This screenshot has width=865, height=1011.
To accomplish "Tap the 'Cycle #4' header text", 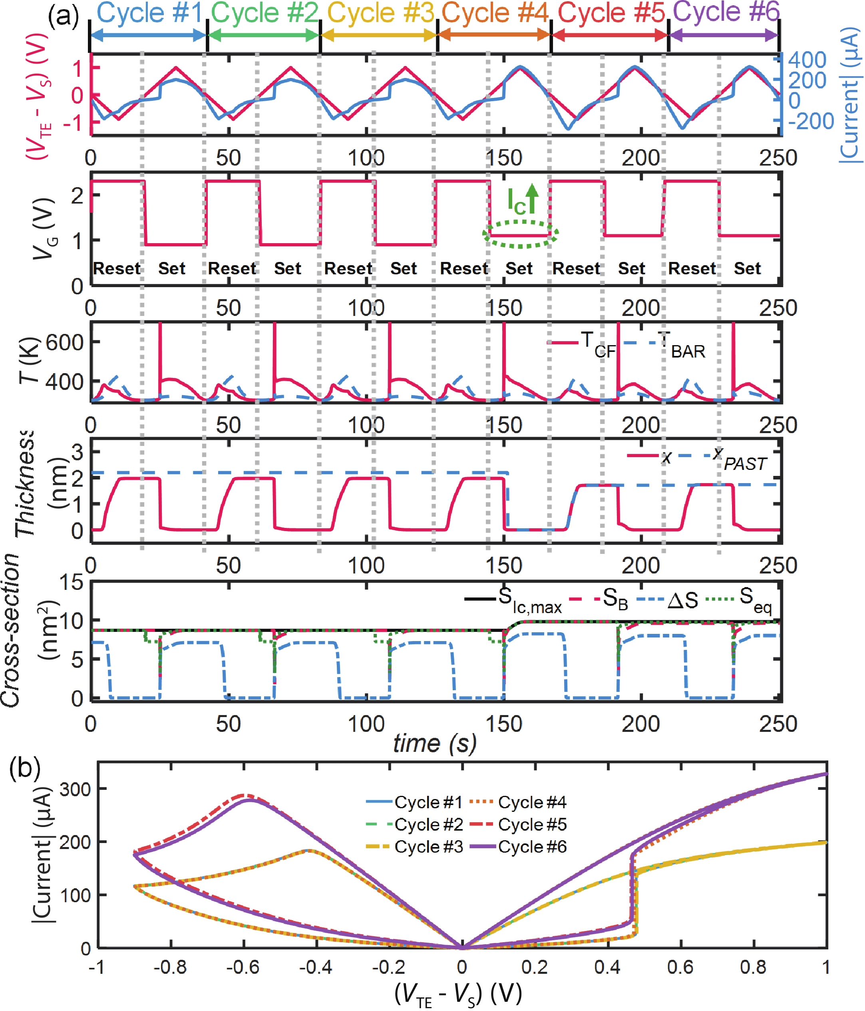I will click(495, 13).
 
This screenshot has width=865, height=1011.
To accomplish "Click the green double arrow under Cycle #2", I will click(264, 35).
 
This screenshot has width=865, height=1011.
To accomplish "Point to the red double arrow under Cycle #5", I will click(610, 35).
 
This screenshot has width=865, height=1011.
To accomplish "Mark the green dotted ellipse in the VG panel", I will click(520, 235).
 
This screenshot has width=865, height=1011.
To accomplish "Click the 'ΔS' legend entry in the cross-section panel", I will click(668, 600).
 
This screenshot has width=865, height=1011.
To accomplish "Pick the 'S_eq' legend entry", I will click(738, 599).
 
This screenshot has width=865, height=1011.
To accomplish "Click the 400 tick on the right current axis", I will click(807, 60).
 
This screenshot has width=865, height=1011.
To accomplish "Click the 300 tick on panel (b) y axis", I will click(76, 789).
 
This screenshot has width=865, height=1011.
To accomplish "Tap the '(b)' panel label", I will click(24, 767).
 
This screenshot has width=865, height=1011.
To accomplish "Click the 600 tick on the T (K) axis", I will click(65, 342).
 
